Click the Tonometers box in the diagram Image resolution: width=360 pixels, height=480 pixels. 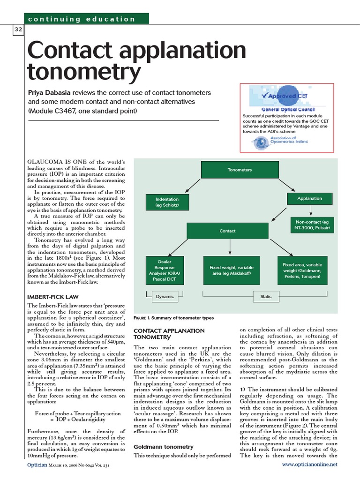240,170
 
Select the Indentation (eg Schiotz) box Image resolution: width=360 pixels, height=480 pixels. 166,202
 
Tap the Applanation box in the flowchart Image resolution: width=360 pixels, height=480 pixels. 309,198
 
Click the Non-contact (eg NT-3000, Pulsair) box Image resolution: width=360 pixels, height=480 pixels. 312,225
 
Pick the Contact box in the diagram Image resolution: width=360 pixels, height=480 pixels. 227,231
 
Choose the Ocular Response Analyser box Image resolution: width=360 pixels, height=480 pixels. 165,270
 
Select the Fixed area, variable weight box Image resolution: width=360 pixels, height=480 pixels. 302,270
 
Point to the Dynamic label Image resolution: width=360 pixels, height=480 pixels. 165,296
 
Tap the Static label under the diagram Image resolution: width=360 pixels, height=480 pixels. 266,296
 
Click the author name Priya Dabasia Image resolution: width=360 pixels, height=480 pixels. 52,92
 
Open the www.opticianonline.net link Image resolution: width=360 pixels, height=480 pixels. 309,465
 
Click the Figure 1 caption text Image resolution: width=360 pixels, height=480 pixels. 173,318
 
